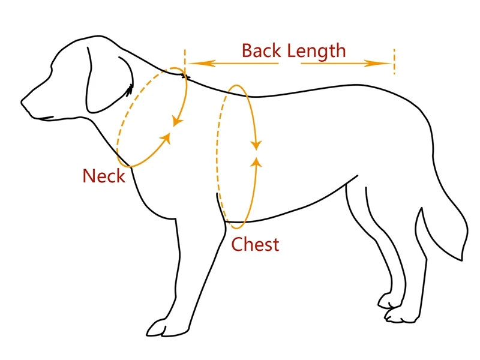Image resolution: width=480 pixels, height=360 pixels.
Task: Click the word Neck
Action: [104, 176]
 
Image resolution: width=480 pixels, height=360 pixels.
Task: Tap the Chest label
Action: [255, 244]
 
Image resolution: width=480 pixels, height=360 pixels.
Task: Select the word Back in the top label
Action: [261, 50]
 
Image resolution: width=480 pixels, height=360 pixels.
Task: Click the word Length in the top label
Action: [316, 50]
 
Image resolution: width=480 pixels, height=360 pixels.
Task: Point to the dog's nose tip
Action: [24, 101]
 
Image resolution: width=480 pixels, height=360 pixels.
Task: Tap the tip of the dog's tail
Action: [463, 258]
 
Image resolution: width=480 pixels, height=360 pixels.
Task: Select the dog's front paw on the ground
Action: [161, 328]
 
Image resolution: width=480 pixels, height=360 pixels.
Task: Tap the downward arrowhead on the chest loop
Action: [257, 145]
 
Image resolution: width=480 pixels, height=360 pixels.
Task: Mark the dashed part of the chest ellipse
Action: [218, 156]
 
